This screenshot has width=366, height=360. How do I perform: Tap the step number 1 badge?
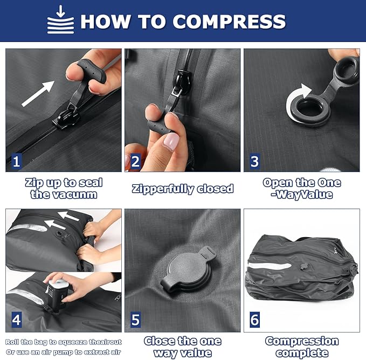[17, 160]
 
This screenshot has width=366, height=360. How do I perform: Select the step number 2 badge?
[135, 160]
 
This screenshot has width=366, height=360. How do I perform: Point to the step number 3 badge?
[254, 160]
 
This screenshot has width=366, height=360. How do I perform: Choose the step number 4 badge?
[17, 320]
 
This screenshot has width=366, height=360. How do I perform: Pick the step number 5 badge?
[135, 320]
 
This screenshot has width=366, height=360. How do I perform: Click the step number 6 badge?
[254, 320]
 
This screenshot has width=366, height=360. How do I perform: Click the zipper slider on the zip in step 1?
[63, 114]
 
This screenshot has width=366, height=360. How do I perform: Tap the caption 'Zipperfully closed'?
[183, 188]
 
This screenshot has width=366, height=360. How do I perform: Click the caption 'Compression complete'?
[302, 347]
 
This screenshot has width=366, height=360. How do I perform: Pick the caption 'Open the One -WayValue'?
[302, 188]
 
